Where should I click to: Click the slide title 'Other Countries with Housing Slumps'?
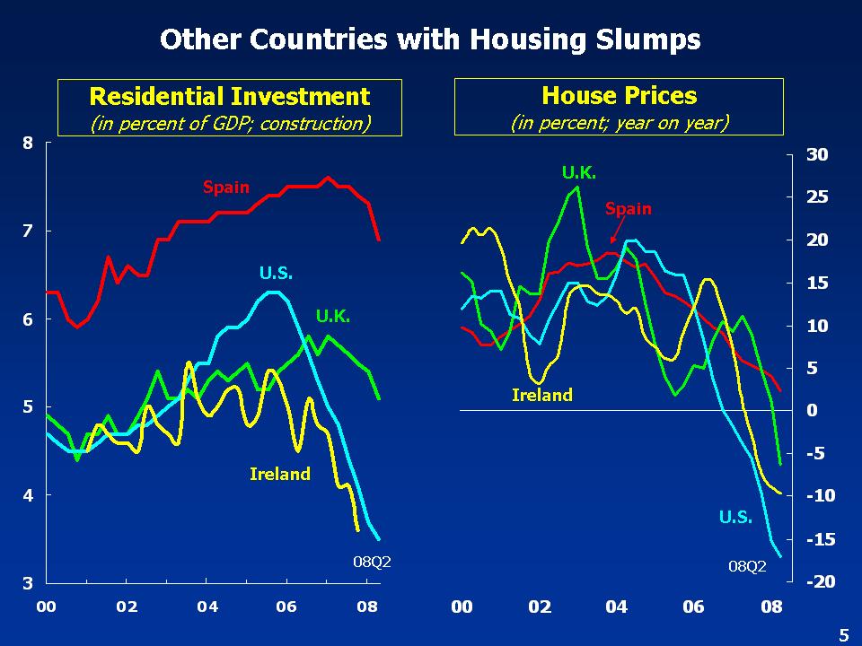(x=430, y=39)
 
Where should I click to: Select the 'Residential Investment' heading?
(x=230, y=96)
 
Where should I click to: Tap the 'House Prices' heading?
(x=619, y=95)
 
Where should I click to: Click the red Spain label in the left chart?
(x=226, y=188)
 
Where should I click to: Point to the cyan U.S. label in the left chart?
(x=277, y=273)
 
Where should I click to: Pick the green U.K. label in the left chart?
(x=333, y=316)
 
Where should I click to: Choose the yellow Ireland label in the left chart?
(x=279, y=474)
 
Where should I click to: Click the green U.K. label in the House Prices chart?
(x=579, y=172)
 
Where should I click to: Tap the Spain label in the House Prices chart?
(x=628, y=209)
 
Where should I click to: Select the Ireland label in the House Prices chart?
(x=541, y=395)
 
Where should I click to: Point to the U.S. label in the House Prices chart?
(x=735, y=517)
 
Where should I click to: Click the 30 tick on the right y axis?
(x=817, y=154)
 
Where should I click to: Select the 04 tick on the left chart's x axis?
(x=207, y=607)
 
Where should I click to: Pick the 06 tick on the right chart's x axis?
(x=694, y=607)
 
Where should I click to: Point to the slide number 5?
(x=843, y=635)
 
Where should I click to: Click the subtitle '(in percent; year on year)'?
(x=619, y=122)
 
